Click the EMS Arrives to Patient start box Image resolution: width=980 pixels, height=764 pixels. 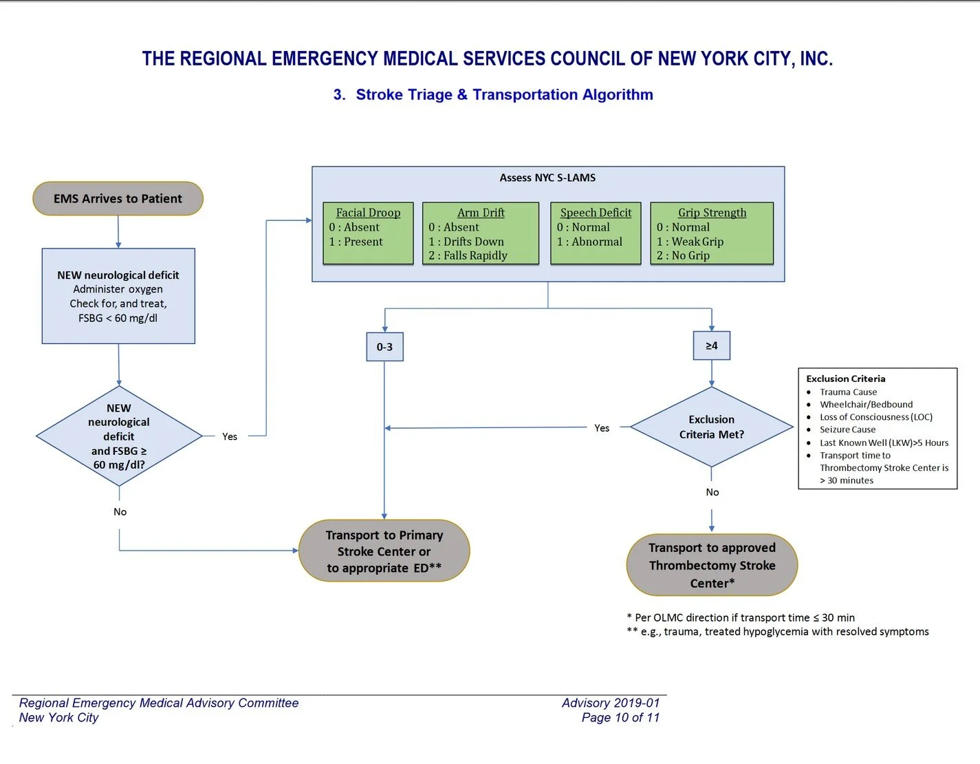118,199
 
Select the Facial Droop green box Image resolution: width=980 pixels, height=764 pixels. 368,233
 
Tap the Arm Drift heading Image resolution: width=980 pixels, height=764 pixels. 481,213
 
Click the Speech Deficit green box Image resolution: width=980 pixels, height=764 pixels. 596,233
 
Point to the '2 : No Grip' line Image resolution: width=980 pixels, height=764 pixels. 683,255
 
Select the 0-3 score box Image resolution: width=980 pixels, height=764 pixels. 384,347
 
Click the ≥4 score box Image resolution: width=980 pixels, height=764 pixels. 711,346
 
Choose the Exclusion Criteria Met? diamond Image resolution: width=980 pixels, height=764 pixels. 711,427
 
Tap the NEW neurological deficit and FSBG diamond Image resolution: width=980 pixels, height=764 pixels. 119,436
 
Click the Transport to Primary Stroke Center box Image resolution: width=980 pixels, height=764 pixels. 384,551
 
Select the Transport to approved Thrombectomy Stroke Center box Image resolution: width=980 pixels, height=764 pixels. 712,565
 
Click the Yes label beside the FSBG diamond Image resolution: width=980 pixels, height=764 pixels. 230,436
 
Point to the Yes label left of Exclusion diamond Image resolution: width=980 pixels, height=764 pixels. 602,428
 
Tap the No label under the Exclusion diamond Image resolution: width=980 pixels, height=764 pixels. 712,492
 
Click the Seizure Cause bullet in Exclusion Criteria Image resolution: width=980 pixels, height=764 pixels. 847,429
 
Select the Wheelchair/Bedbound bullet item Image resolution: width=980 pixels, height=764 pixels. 866,405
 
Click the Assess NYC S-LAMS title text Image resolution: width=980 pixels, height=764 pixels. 547,178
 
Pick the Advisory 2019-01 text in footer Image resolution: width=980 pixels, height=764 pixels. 610,703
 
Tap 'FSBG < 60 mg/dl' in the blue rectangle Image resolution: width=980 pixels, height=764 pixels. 118,318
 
